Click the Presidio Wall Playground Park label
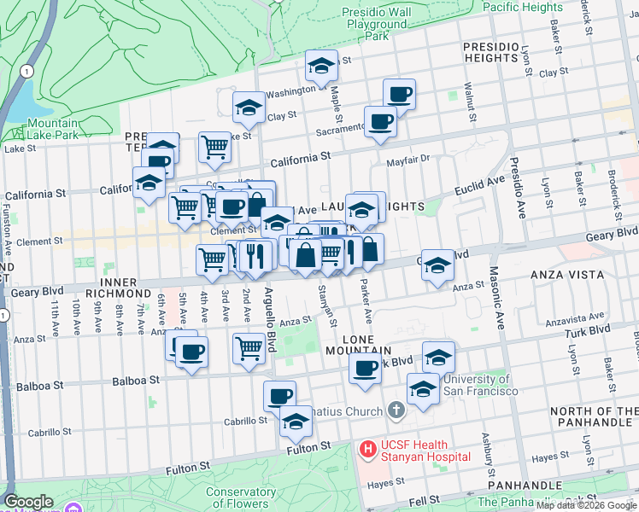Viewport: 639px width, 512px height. (377, 24)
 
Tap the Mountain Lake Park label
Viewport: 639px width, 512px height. (38, 129)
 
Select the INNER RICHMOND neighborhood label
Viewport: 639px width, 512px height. (130, 282)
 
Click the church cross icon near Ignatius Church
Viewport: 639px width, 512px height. (395, 410)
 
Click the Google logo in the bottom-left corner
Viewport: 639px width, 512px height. (28, 502)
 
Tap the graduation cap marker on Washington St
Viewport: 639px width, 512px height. (321, 67)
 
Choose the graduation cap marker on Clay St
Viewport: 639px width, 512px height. (248, 108)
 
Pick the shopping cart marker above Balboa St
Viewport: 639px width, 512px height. (248, 348)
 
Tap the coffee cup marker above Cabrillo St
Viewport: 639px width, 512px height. (279, 396)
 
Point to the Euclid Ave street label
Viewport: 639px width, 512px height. (479, 184)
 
